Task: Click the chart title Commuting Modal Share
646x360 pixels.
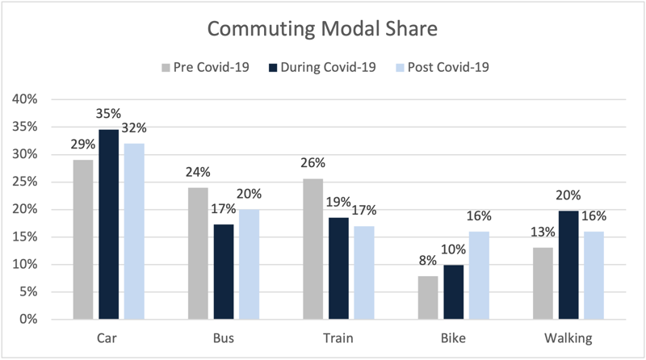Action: pyautogui.click(x=322, y=29)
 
